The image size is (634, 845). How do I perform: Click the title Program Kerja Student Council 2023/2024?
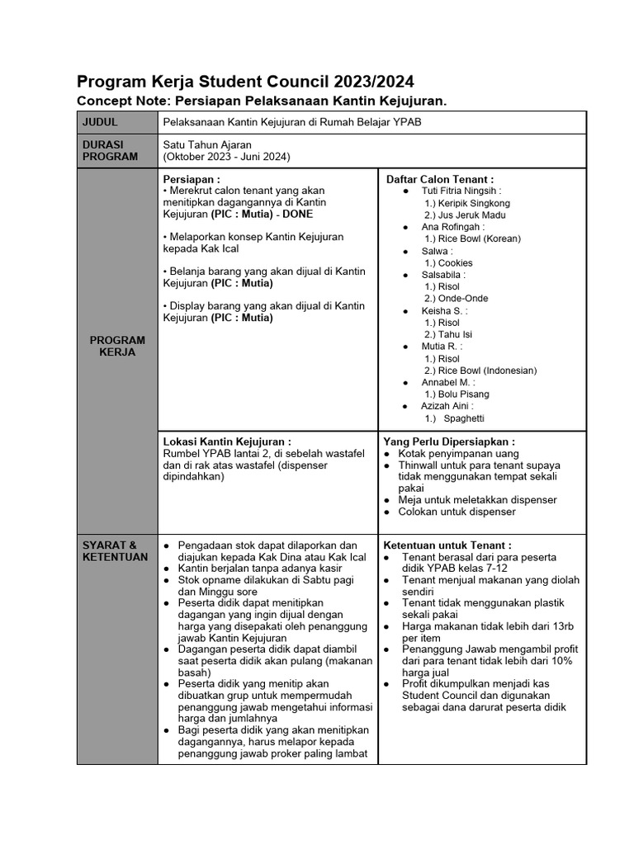click(x=245, y=82)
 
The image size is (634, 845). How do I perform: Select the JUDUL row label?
click(x=101, y=122)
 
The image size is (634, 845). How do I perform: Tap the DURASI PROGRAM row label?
click(x=110, y=150)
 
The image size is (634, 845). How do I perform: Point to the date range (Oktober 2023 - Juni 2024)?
click(x=227, y=157)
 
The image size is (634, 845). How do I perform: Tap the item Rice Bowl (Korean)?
click(x=473, y=238)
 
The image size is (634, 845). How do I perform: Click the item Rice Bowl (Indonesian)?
click(x=480, y=371)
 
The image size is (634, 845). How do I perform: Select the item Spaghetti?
click(x=463, y=418)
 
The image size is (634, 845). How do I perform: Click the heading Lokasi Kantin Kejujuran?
click(x=228, y=441)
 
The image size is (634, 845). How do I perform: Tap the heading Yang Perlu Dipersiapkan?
click(x=449, y=441)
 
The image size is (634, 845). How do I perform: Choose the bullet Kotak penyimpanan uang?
click(x=458, y=454)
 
